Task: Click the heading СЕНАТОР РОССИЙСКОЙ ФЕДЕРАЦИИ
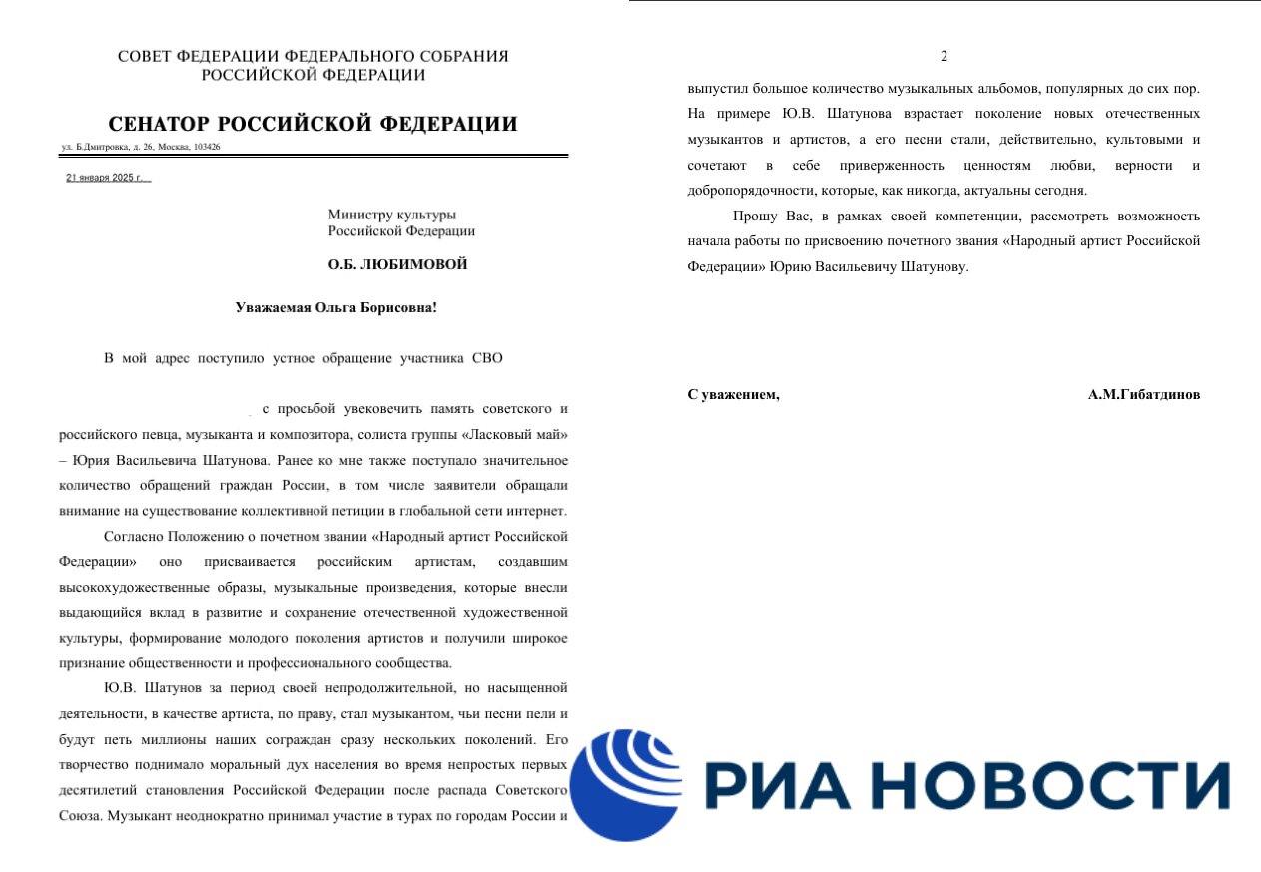(x=313, y=125)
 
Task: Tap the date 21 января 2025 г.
(x=106, y=178)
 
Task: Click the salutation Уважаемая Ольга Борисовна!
(x=335, y=307)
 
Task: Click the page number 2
(x=944, y=56)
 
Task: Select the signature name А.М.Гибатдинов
(x=1144, y=395)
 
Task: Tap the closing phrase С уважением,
(x=734, y=395)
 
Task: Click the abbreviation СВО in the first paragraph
(x=499, y=358)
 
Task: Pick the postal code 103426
(x=206, y=147)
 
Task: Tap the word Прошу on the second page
(x=753, y=216)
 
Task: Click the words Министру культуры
(x=392, y=215)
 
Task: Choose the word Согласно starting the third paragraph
(x=132, y=537)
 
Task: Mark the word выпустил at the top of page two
(x=715, y=88)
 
